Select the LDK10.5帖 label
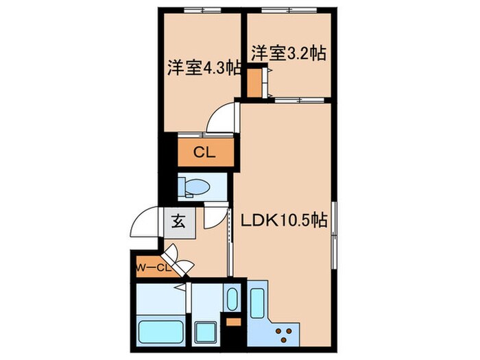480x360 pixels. coord(282,220)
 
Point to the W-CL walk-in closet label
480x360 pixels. coord(152,267)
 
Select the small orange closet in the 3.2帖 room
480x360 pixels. coord(254,82)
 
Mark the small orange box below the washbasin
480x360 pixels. coord(232,322)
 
